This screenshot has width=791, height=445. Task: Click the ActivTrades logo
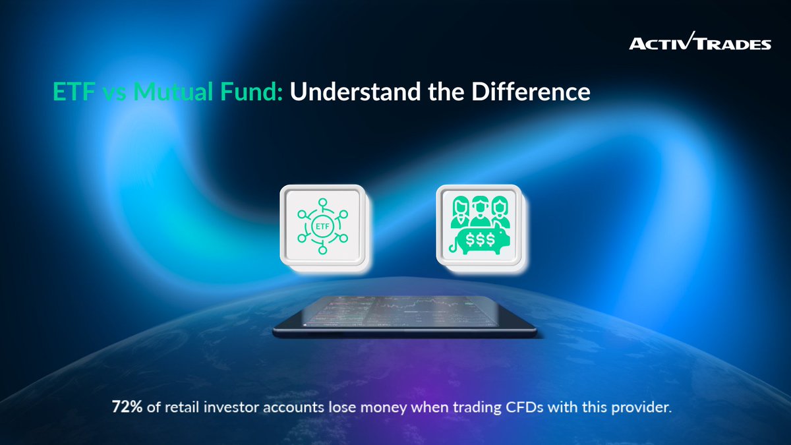(x=699, y=44)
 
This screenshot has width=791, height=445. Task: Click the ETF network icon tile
(x=322, y=226)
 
